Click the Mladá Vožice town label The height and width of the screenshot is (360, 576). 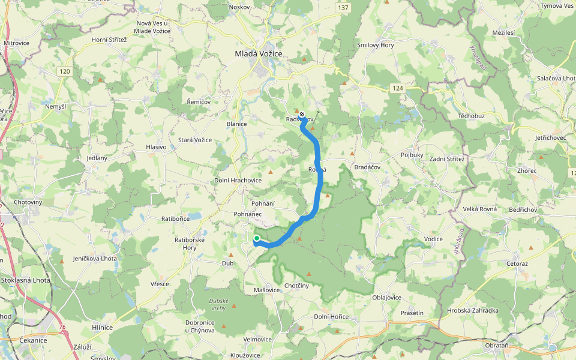pos(258,54)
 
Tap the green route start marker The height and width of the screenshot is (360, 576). pos(257,239)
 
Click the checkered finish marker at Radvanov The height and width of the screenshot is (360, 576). pos(302,114)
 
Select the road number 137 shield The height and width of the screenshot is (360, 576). pos(343,7)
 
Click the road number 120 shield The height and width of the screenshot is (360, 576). pos(65,71)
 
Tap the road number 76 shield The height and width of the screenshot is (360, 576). pos(63,328)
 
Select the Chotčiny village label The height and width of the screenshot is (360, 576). pos(296,286)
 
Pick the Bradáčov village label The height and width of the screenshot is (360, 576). pos(367,167)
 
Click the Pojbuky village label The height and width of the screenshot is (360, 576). pos(412,155)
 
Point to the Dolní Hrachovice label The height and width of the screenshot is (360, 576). pos(238,180)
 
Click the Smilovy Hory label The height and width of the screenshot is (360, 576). pos(376,45)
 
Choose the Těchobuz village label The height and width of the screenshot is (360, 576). pos(472,115)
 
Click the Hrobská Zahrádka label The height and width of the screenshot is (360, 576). pos(473,310)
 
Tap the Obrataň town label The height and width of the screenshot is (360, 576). pos(497,346)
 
